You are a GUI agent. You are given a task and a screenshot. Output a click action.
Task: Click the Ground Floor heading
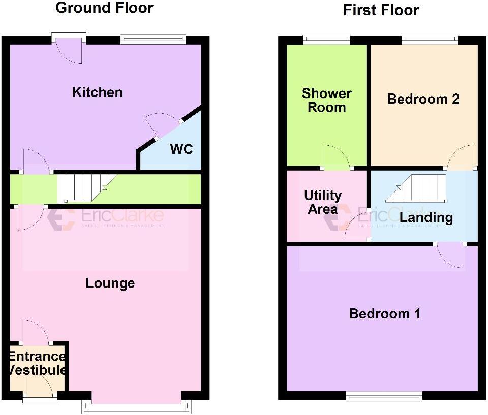point(104,8)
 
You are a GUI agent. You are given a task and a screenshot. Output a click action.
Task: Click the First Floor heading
point(381,10)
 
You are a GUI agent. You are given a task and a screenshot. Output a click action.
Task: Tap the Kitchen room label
point(97,92)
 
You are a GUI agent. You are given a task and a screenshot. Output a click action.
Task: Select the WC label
point(182,150)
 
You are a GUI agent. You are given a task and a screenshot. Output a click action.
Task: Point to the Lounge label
point(110,283)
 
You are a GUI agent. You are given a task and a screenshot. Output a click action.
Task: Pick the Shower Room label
point(326,100)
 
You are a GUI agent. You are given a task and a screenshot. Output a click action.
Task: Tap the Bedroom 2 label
point(423,99)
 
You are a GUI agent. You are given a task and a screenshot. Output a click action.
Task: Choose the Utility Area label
point(323,202)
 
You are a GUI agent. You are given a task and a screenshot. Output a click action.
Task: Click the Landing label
point(425,218)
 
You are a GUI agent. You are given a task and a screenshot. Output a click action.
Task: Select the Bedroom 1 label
point(384,314)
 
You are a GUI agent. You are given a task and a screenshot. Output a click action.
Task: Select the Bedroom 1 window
point(384,395)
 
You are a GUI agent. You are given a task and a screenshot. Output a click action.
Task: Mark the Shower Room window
point(326,39)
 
